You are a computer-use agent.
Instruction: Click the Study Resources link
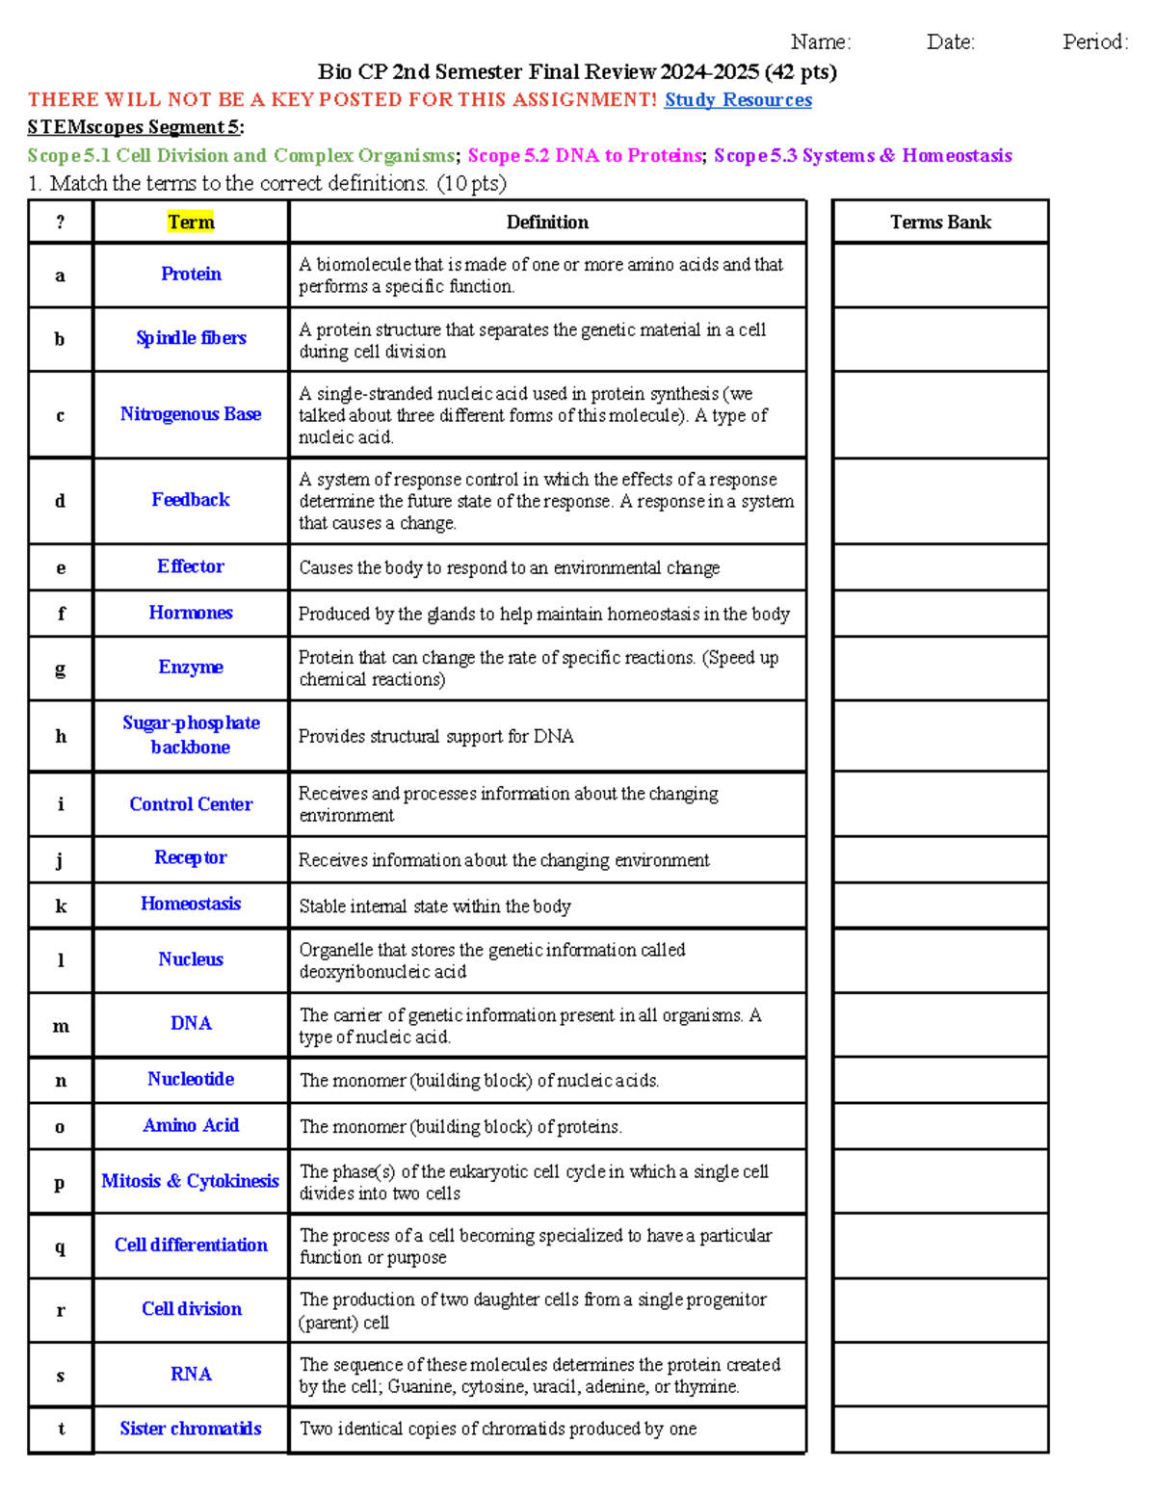(738, 100)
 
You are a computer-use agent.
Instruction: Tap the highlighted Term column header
(191, 223)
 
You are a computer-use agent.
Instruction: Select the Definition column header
(547, 223)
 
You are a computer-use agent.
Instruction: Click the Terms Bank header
(940, 223)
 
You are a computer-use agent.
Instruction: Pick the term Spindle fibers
(191, 338)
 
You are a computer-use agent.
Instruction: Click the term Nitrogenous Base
(191, 414)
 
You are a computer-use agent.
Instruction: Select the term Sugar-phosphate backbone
(191, 735)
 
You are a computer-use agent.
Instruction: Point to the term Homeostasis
(191, 904)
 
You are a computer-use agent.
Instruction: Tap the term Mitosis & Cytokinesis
(191, 1181)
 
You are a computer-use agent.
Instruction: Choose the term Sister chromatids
(191, 1429)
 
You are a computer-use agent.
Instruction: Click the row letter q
(61, 1247)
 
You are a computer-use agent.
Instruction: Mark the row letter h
(61, 736)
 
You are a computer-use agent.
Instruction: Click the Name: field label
(820, 41)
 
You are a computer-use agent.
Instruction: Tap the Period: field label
(1094, 41)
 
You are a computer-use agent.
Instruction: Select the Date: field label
(950, 41)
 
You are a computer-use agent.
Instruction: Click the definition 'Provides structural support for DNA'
(435, 737)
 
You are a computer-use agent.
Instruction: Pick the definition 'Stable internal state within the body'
(434, 906)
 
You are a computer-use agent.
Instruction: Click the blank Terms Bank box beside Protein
(940, 276)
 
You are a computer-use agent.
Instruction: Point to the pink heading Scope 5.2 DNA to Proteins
(585, 156)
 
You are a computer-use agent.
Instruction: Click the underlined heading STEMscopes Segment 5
(135, 127)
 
